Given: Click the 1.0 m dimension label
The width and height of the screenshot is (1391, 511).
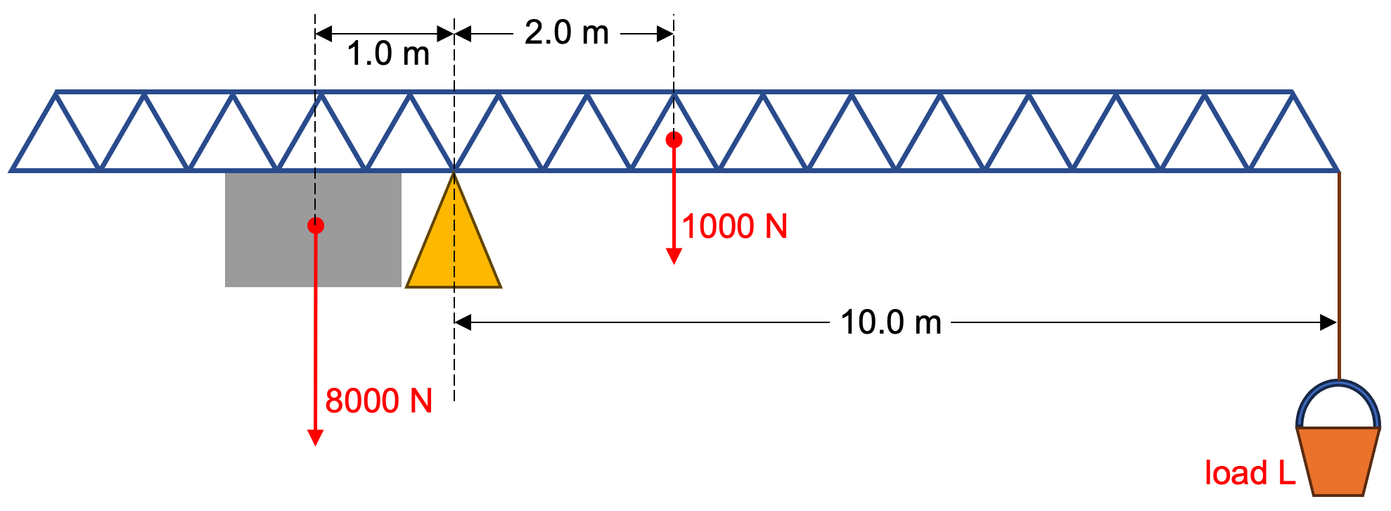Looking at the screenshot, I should (x=388, y=54).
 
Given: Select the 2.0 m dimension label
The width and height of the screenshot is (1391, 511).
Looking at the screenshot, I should (x=567, y=33).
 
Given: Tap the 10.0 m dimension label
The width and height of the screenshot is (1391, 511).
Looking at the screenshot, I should (x=890, y=323).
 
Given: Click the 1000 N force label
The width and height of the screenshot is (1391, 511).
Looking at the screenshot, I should (x=735, y=227).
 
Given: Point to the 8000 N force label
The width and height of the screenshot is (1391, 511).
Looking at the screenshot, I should (x=378, y=401).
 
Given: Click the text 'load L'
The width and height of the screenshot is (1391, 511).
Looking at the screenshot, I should (x=1250, y=473).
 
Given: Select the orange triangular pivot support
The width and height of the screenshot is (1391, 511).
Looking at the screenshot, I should (x=454, y=246).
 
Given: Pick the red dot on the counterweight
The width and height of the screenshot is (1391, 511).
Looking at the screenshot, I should (x=316, y=225).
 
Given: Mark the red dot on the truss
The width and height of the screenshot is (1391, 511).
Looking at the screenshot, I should (x=674, y=139).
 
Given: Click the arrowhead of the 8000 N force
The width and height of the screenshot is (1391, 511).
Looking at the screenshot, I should (x=316, y=438).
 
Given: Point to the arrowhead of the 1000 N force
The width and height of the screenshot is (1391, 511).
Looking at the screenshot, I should (x=674, y=256).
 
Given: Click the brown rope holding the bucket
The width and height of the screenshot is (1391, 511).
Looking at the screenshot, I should (x=1339, y=282).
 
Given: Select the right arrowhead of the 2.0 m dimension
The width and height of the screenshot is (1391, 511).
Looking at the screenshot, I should (x=665, y=33).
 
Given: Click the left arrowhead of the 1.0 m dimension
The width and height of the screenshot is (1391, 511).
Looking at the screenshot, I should (x=323, y=33).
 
